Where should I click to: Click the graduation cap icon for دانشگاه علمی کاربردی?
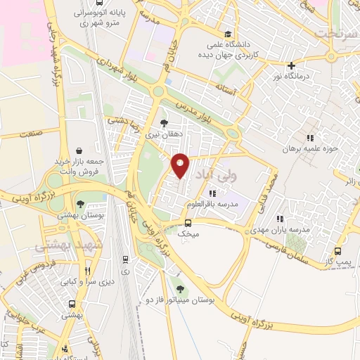pos(228,34)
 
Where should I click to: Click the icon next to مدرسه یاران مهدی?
pos(280,219)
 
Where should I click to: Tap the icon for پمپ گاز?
pos(338,251)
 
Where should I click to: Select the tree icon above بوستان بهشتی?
pos(82,204)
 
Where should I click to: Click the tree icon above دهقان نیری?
pos(164,123)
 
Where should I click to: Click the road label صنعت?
pos(30,132)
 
